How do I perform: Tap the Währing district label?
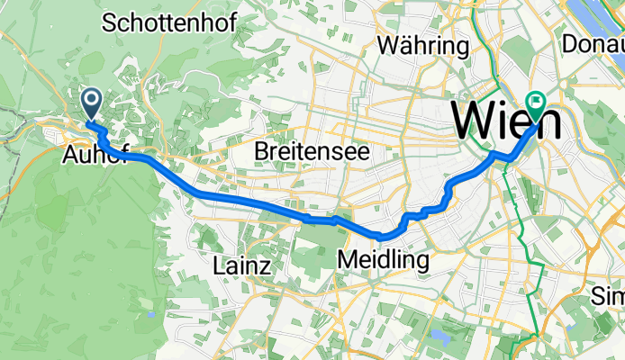[x=424, y=45]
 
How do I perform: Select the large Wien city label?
[x=505, y=119]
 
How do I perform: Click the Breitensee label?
[x=312, y=150]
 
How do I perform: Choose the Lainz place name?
[x=242, y=265]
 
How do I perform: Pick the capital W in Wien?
[x=474, y=119]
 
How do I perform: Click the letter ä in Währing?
[x=405, y=45]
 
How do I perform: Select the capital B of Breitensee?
[x=262, y=150]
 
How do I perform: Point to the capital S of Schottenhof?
[x=111, y=24]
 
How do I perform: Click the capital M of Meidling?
[x=346, y=260]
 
